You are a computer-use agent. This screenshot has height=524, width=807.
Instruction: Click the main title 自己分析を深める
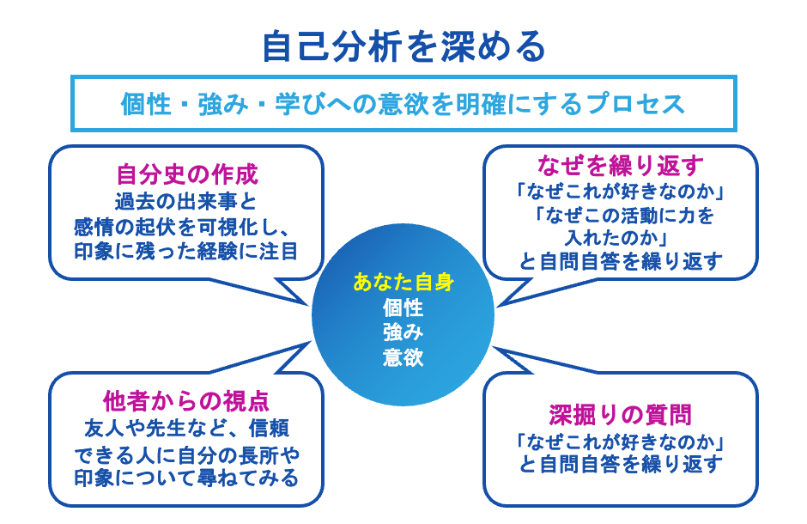click(x=403, y=46)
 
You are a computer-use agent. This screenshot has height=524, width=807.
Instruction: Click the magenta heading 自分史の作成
click(x=186, y=176)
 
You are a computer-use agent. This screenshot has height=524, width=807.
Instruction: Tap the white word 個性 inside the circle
click(x=403, y=307)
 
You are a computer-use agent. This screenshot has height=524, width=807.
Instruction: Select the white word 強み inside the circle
click(x=403, y=332)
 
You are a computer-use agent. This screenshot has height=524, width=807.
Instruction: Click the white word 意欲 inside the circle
click(x=403, y=356)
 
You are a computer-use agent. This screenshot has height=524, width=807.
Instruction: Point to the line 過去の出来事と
click(x=186, y=204)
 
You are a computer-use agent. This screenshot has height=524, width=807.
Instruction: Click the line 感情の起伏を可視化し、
click(x=186, y=228)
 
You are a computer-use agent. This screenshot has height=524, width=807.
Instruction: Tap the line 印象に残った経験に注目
click(x=186, y=252)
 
